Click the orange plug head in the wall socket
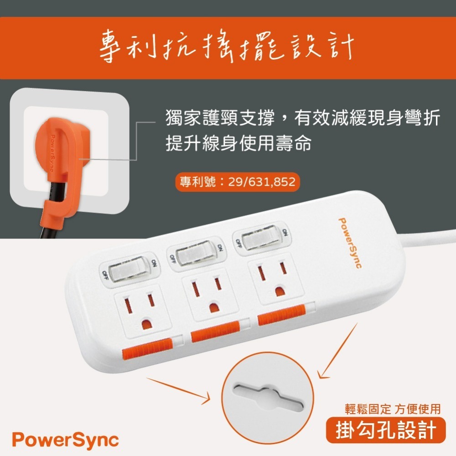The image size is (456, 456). [x=57, y=146]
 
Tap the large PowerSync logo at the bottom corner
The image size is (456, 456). [x=65, y=440]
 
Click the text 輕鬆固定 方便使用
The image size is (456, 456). [x=393, y=409]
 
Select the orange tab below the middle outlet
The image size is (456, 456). [x=215, y=332]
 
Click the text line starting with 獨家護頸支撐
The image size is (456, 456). [x=302, y=119]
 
